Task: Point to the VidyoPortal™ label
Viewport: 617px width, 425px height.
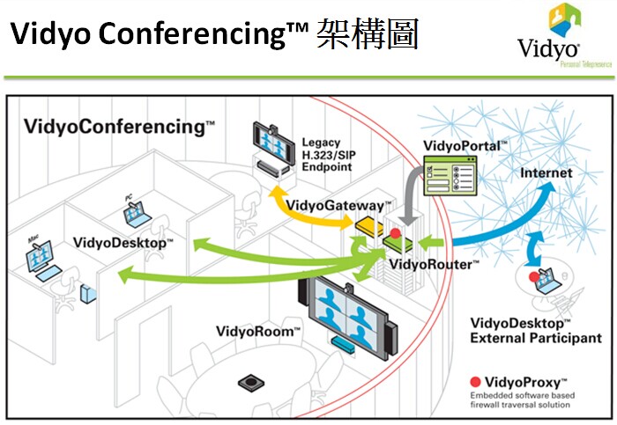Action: coord(465,144)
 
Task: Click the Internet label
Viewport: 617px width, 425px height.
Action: coord(546,172)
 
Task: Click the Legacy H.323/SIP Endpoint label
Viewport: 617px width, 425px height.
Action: coord(327,154)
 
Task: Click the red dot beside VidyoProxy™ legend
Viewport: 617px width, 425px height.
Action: coord(475,382)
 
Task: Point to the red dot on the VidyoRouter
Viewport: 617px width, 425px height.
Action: coord(397,234)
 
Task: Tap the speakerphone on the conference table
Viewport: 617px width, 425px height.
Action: coord(251,383)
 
